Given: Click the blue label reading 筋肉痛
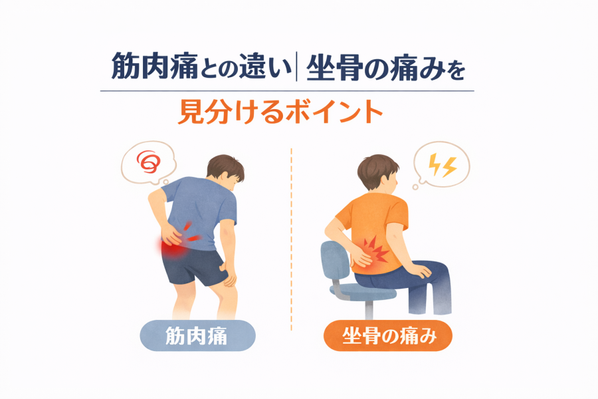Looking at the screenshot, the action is point(197,336).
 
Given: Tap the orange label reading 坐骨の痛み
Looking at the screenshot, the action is point(388,336).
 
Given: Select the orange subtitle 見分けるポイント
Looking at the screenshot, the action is point(280,112).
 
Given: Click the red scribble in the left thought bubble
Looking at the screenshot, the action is point(148,162).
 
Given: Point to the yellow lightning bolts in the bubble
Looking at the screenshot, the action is point(443,166).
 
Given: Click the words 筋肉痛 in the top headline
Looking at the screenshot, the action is point(154,66).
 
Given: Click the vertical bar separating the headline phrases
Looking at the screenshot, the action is point(296,67).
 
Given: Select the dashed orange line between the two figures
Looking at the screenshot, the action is point(292,239).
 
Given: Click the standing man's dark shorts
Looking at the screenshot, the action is point(191,265).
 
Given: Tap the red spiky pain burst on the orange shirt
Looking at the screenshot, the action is point(375,250).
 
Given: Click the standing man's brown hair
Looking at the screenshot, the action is point(225,167).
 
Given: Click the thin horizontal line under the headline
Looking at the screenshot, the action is point(287,91).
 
